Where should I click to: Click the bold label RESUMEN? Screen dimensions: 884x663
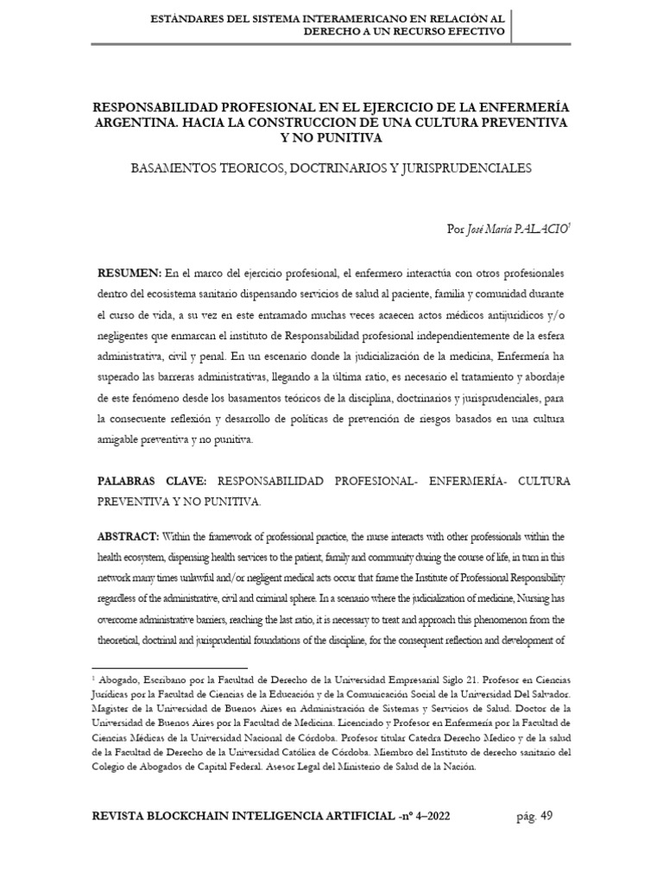coord(129,273)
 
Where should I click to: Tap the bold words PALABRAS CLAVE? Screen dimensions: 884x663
coord(152,480)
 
